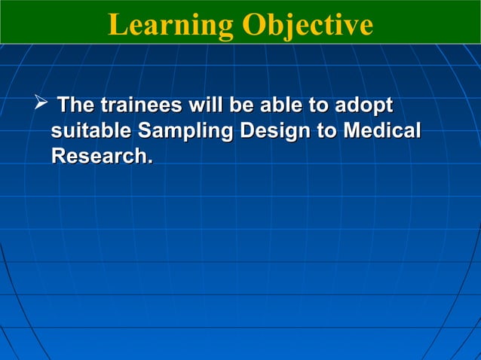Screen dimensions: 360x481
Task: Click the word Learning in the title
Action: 170,25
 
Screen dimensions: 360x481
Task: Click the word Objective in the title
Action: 307,25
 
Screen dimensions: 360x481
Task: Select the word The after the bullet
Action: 77,105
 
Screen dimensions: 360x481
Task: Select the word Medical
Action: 381,131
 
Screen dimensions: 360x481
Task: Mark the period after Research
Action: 148,163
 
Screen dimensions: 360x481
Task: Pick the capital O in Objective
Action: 253,25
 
